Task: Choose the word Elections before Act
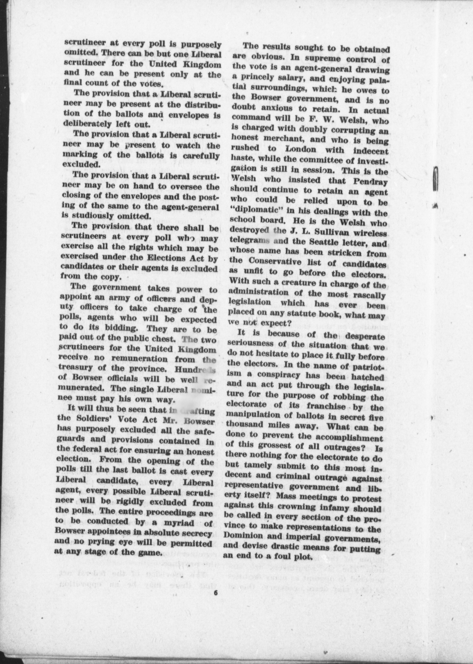pos(171,259)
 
